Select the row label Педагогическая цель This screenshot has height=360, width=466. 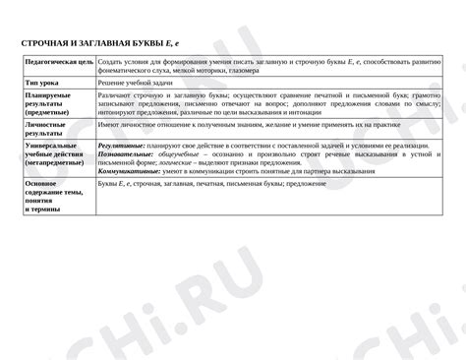58,62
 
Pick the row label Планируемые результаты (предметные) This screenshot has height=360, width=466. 49,103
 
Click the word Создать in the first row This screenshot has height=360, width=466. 111,62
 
